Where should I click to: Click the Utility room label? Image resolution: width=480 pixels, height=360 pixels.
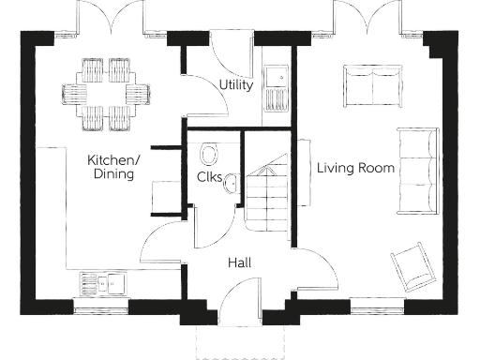click(235, 85)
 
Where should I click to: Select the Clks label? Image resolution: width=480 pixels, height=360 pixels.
click(209, 177)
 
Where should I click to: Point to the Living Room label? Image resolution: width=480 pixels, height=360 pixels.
click(355, 169)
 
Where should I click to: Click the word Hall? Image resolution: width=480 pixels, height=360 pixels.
click(239, 262)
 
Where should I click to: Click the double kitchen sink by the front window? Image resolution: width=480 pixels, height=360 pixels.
click(103, 281)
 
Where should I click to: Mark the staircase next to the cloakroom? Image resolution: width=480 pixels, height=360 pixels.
click(269, 192)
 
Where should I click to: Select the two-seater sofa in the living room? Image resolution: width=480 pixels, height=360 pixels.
click(370, 84)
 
